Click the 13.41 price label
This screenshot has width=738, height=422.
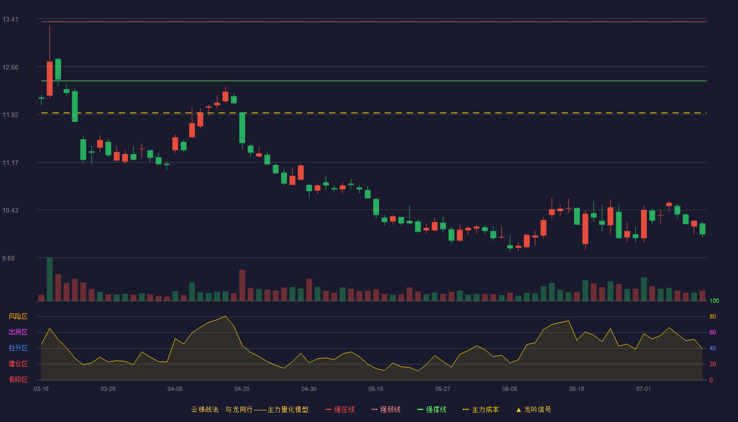[10, 20]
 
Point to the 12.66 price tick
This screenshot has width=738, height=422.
[10, 68]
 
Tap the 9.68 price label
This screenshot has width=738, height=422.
[8, 258]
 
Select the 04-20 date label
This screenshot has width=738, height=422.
[242, 389]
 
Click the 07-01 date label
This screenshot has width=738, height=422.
[644, 389]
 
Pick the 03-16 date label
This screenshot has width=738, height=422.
[41, 389]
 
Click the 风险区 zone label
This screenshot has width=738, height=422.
[18, 316]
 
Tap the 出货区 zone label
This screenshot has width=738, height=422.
[18, 332]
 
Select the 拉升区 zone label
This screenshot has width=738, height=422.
[18, 348]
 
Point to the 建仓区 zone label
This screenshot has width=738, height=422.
[18, 363]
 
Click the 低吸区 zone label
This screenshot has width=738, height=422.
[18, 379]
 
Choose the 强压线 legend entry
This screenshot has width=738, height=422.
[340, 409]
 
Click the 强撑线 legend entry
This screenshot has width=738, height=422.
[432, 409]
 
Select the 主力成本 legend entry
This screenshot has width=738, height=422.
[481, 409]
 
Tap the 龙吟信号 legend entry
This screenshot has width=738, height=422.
[533, 409]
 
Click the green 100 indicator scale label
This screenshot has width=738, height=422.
[714, 301]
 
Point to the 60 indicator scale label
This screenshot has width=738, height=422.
[713, 332]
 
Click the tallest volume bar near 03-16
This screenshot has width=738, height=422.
[50, 279]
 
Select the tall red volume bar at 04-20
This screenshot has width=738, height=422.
[242, 285]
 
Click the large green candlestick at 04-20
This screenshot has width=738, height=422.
[242, 128]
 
